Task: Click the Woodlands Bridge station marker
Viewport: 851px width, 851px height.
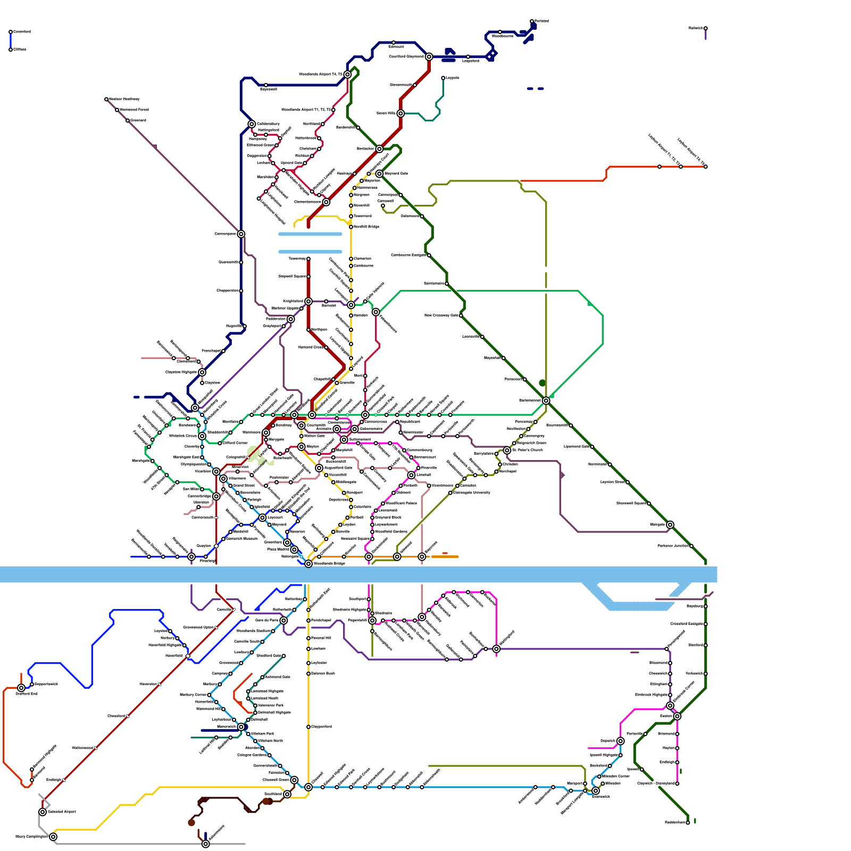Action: coord(308,564)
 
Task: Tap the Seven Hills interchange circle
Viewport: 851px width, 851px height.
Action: coord(401,113)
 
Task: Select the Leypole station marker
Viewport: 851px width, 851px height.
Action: coord(443,78)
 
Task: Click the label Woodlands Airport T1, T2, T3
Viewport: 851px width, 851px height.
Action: coord(306,110)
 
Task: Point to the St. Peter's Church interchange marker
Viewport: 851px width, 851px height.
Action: coord(507,450)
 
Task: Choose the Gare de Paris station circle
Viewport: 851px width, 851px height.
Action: coord(283,621)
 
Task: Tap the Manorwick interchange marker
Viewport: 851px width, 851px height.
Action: coord(241,727)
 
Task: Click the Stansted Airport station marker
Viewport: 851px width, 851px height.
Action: coord(43,812)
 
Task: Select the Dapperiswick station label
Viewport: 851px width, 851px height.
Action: coord(46,684)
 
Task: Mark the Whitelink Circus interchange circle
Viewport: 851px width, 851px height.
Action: coord(202,436)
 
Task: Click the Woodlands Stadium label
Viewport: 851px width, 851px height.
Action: coord(253,631)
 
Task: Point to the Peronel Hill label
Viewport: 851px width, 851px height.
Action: coord(321,638)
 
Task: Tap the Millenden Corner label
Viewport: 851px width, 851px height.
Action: coord(616,776)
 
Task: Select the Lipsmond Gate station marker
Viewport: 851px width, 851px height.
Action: coord(592,447)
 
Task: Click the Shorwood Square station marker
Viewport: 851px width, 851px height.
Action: coord(649,504)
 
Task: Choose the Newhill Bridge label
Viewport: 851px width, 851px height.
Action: coord(366,227)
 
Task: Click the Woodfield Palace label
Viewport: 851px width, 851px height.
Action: coord(401,503)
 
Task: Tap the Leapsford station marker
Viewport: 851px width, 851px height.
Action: coord(468,57)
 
